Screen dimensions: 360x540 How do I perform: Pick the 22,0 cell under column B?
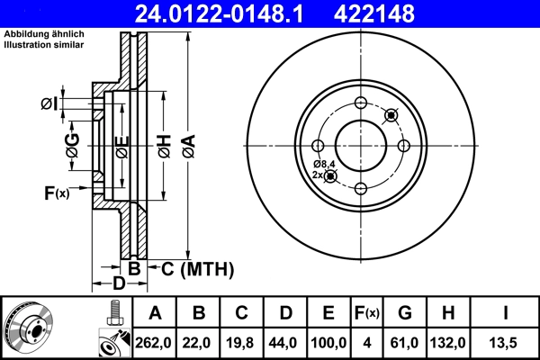pos(199,343)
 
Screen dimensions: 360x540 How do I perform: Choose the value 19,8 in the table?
pos(242,343)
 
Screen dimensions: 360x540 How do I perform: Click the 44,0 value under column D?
pos(285,343)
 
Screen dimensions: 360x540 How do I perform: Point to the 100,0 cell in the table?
pos(329,343)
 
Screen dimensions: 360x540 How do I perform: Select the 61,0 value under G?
pos(406,343)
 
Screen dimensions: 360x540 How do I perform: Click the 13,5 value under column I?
pos(506,343)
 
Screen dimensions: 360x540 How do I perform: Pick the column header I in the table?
pos(506,313)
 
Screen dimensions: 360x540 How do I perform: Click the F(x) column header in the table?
pos(367,313)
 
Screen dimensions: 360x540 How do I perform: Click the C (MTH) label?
pos(197,268)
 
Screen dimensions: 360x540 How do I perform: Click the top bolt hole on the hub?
pos(361,102)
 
